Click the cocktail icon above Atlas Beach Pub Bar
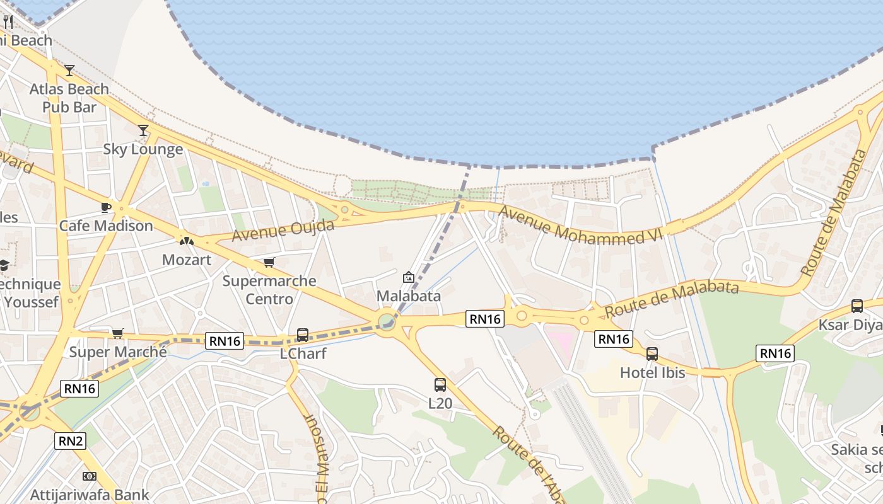click(x=69, y=70)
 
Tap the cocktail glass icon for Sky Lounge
click(x=143, y=130)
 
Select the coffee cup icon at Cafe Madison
click(x=106, y=207)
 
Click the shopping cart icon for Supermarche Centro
click(x=269, y=262)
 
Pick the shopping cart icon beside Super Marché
click(x=117, y=333)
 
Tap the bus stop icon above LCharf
click(x=303, y=335)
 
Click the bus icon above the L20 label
click(x=440, y=384)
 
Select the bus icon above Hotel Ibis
click(x=652, y=354)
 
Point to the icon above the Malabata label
click(x=409, y=277)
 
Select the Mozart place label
click(x=187, y=260)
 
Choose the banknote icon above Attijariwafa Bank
click(x=90, y=476)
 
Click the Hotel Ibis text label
click(x=652, y=372)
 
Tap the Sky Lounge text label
click(x=143, y=149)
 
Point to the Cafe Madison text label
click(x=106, y=226)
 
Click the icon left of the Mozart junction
click(x=187, y=241)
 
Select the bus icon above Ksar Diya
click(x=857, y=306)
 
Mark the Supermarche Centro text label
click(x=269, y=289)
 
